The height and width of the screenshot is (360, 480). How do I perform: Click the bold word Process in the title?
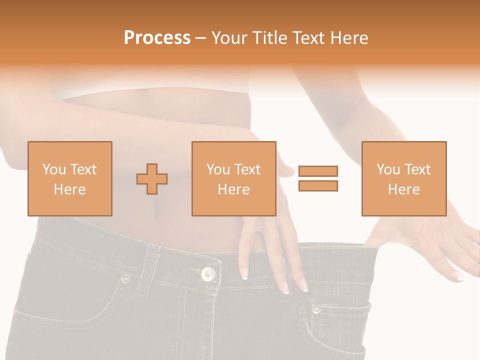point(157,38)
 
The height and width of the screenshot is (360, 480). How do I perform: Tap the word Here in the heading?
point(348,38)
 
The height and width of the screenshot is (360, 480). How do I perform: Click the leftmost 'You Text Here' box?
point(70,178)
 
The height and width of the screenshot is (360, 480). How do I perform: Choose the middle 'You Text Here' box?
point(233,178)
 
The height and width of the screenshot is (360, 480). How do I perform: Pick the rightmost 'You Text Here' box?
point(403,178)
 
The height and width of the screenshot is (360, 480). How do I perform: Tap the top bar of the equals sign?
point(318,171)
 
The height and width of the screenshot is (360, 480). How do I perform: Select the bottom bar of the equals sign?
point(318,185)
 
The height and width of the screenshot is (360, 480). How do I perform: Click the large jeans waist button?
point(208,273)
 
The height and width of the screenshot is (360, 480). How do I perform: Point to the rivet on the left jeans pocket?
point(125,279)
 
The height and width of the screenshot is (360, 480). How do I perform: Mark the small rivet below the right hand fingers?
point(316,309)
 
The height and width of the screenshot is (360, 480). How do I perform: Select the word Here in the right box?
point(403,189)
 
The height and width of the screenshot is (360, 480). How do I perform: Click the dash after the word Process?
point(200,38)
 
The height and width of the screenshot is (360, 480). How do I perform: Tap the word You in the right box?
point(388,169)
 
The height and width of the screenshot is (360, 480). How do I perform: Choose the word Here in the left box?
point(70,189)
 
